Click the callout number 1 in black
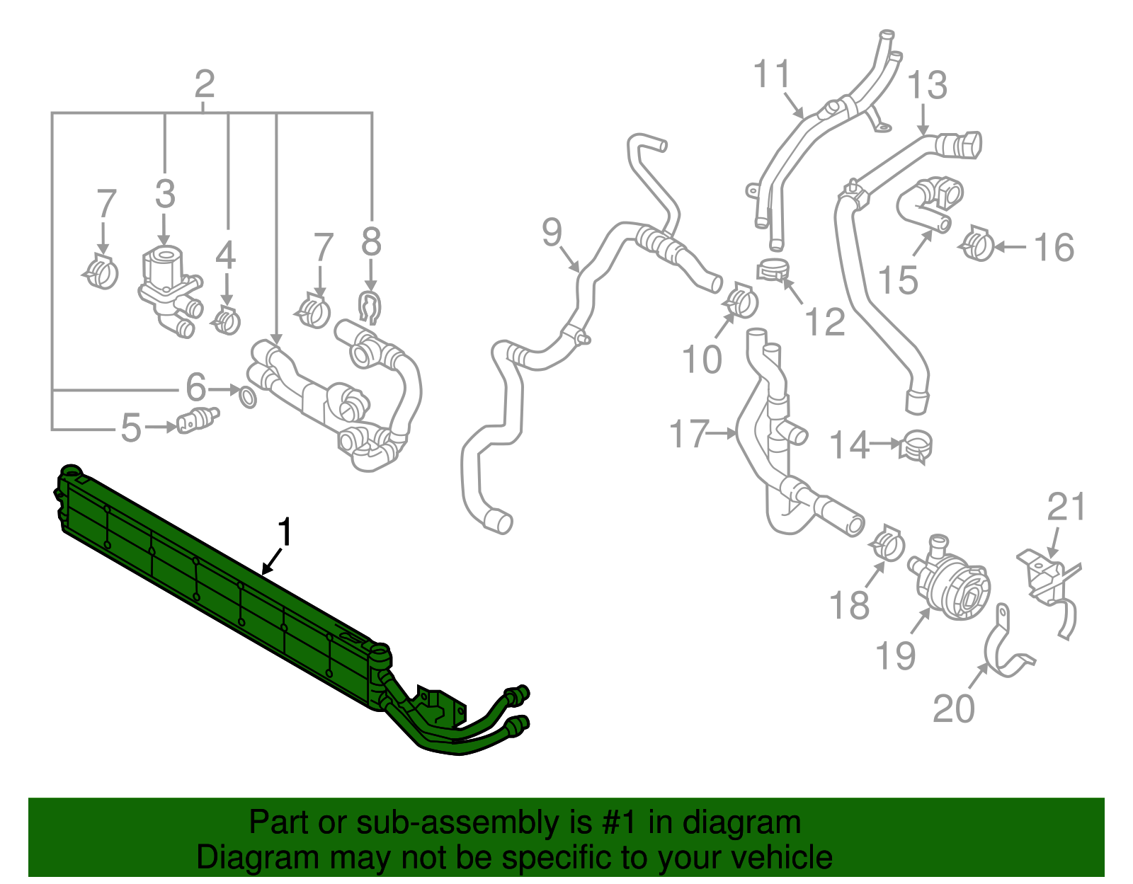tap(285, 532)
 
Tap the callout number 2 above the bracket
tap(204, 85)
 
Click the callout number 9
tap(552, 232)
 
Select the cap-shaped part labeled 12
tap(773, 270)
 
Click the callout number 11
tap(771, 74)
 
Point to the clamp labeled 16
tap(978, 244)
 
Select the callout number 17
tap(689, 433)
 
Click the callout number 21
tap(1066, 507)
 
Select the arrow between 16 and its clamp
tap(1010, 247)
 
